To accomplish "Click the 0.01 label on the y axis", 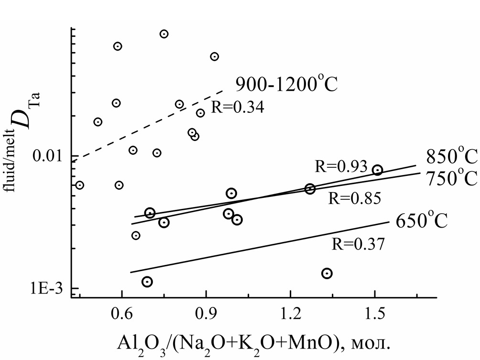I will pyautogui.click(x=49, y=156).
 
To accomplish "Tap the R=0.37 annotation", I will pyautogui.click(x=358, y=244).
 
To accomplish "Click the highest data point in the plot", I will pyautogui.click(x=164, y=34).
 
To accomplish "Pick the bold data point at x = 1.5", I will pyautogui.click(x=377, y=170).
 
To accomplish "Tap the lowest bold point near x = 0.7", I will pyautogui.click(x=147, y=282).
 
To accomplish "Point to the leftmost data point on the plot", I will pyautogui.click(x=80, y=185).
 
